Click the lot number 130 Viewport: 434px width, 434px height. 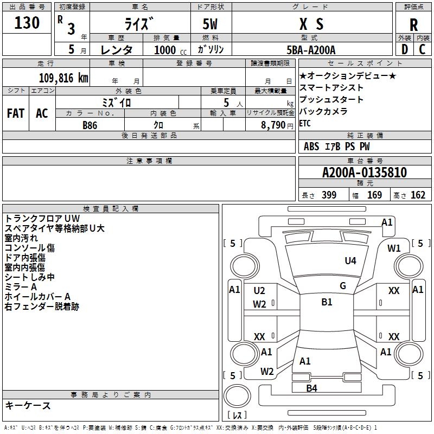[x=27, y=22]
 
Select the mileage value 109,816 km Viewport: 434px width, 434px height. [x=63, y=78]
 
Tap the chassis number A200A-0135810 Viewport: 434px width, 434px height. [x=365, y=173]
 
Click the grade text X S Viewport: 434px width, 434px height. [x=311, y=24]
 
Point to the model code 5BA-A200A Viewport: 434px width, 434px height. [x=311, y=50]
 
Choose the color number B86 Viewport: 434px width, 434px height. [x=90, y=125]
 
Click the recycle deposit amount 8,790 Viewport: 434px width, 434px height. [x=273, y=125]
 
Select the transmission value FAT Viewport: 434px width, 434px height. [x=16, y=113]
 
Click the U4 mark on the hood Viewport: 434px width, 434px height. [x=350, y=260]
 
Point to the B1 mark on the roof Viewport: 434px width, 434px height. [x=327, y=302]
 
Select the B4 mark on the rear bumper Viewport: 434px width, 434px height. [x=311, y=388]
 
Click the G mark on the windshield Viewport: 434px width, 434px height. [x=343, y=286]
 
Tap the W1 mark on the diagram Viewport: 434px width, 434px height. [x=394, y=248]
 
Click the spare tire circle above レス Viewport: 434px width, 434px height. [x=237, y=396]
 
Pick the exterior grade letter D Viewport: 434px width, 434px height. [x=405, y=49]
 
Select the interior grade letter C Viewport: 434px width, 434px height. [x=422, y=49]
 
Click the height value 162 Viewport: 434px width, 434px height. [x=418, y=195]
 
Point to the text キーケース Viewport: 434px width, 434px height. [x=28, y=405]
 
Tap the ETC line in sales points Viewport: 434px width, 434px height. [x=305, y=123]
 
